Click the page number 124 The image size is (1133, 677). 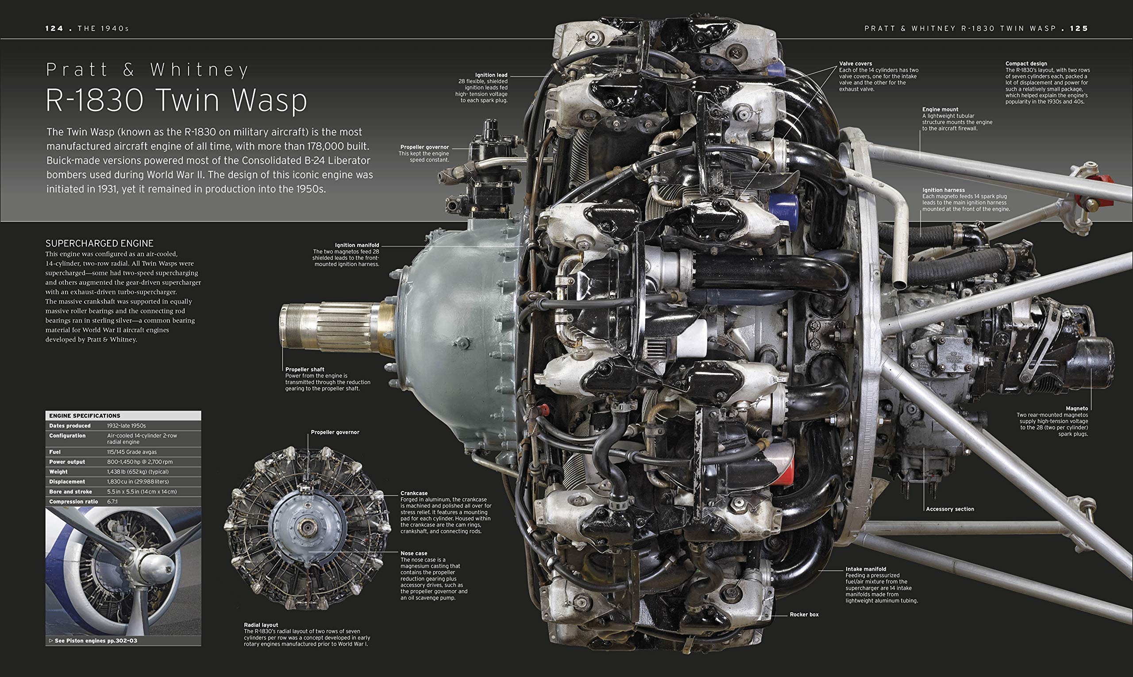[54, 28]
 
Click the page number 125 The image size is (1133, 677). [1079, 28]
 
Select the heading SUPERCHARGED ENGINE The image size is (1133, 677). [100, 244]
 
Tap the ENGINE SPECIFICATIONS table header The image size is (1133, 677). [85, 415]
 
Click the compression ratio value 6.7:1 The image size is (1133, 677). [112, 501]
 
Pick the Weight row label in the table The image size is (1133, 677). [58, 472]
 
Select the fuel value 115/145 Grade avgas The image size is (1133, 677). [132, 452]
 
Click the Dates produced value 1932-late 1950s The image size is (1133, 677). [127, 426]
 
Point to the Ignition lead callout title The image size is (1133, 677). [490, 75]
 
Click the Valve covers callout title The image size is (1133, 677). [855, 64]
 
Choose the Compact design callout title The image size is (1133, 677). [1026, 64]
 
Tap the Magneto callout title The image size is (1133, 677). [1076, 409]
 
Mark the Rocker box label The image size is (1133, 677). [804, 615]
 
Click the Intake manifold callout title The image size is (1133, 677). [866, 569]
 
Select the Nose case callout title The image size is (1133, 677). [413, 554]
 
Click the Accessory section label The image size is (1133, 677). [950, 509]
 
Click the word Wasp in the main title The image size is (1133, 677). [269, 100]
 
